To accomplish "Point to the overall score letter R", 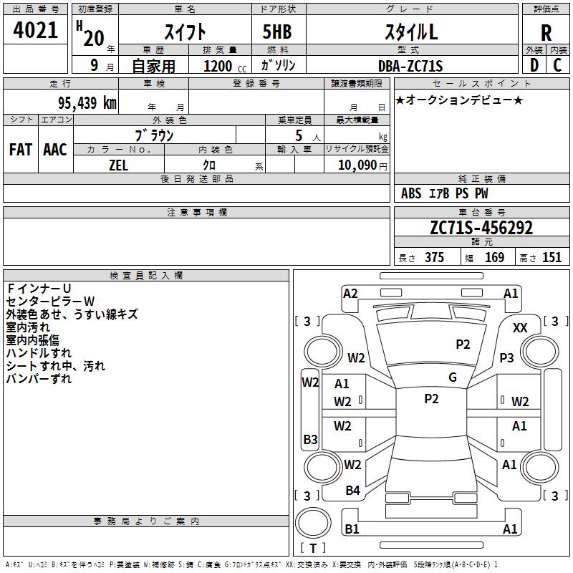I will click(546, 33).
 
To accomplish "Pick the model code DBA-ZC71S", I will click(410, 66).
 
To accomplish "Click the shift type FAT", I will click(21, 149).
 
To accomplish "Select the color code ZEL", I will click(119, 164).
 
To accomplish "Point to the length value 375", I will click(434, 258).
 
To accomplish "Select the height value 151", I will click(552, 258).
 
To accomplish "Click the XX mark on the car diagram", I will click(521, 327).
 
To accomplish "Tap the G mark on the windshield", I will click(453, 377).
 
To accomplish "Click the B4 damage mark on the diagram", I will click(352, 491).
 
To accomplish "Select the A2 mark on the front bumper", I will click(350, 293).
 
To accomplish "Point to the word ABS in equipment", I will click(411, 193).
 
